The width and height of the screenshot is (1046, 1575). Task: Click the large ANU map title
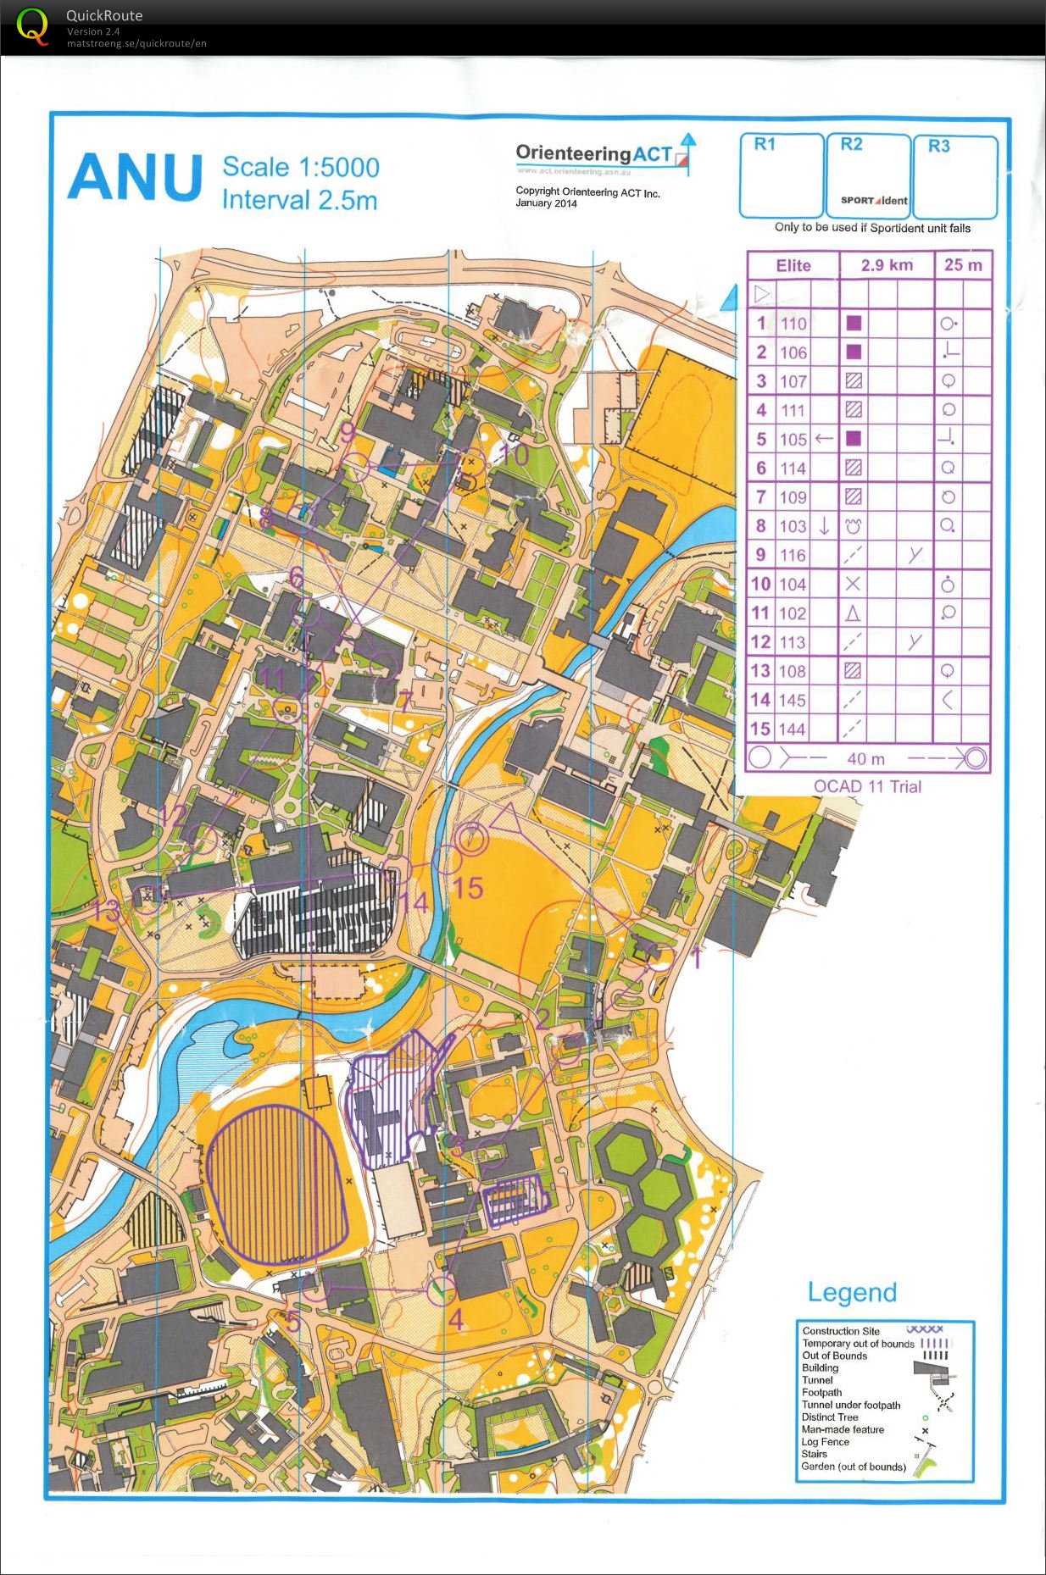pyautogui.click(x=135, y=177)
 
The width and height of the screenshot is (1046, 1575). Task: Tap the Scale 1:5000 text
pyautogui.click(x=300, y=167)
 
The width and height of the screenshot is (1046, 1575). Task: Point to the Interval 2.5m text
pyautogui.click(x=299, y=200)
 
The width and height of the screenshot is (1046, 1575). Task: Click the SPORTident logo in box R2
pyautogui.click(x=873, y=201)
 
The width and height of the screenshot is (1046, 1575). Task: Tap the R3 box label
pyautogui.click(x=938, y=146)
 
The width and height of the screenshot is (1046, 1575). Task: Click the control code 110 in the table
pyautogui.click(x=793, y=324)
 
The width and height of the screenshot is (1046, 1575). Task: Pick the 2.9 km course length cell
pyautogui.click(x=887, y=265)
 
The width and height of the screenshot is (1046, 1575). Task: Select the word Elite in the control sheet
pyautogui.click(x=793, y=265)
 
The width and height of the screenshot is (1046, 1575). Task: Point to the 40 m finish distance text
pyautogui.click(x=865, y=759)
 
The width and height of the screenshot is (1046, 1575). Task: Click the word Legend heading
pyautogui.click(x=852, y=1292)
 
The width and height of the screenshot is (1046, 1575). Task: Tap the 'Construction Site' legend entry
pyautogui.click(x=841, y=1331)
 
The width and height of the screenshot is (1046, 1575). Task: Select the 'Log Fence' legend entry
pyautogui.click(x=825, y=1441)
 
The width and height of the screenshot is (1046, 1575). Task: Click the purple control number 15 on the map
pyautogui.click(x=467, y=888)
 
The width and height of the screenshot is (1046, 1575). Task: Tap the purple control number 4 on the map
pyautogui.click(x=455, y=1319)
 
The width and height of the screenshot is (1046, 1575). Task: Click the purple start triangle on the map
pyautogui.click(x=507, y=819)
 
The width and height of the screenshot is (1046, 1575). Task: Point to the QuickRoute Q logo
pyautogui.click(x=33, y=26)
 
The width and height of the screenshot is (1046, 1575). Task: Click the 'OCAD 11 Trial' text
pyautogui.click(x=867, y=786)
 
